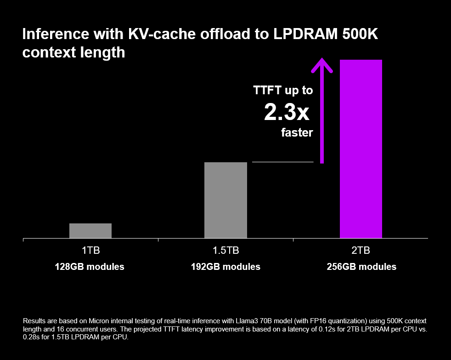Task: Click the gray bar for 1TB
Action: (x=90, y=231)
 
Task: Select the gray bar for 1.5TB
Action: (x=225, y=200)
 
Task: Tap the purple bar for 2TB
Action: (x=361, y=149)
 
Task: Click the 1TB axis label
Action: (x=90, y=251)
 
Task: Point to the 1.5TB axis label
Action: (x=225, y=251)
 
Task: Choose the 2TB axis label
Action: (x=361, y=251)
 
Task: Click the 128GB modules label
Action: (x=90, y=267)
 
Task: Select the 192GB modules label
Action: (x=225, y=267)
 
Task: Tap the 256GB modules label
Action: (x=361, y=267)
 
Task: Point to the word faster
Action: (x=297, y=133)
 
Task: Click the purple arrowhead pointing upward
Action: (x=322, y=64)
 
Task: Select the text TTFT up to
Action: (x=283, y=91)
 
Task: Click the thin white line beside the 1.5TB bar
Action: (x=282, y=162)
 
